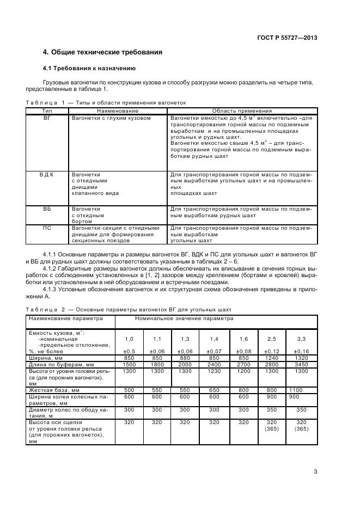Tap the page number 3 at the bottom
click(315, 471)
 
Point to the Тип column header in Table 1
click(47, 111)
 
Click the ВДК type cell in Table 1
click(47, 174)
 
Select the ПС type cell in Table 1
click(47, 228)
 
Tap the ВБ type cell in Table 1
click(47, 208)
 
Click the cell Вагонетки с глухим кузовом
click(111, 118)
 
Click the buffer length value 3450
click(301, 364)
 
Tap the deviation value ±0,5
click(129, 351)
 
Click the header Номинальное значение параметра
click(184, 318)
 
